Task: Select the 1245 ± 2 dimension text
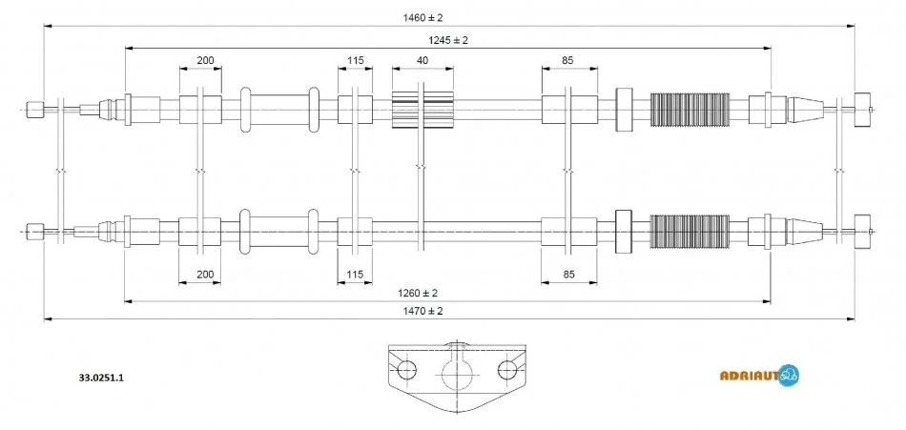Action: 447,40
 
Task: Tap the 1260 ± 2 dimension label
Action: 447,292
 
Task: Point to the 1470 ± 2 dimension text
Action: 422,311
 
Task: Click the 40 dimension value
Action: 422,61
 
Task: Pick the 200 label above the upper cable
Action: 205,61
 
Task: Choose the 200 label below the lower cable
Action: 205,275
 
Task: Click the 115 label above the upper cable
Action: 356,61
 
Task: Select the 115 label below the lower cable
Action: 356,275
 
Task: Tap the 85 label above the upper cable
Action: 567,61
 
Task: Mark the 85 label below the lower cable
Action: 567,275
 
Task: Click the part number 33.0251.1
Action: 102,378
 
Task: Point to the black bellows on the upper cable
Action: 689,110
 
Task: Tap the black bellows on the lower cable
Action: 689,231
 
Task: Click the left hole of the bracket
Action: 407,370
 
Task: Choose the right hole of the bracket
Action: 508,370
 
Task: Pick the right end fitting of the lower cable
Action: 864,230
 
